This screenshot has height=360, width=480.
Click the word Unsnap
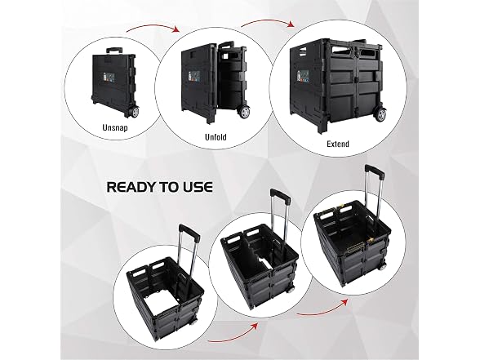(115, 127)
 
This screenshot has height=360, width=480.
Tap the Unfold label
(216, 137)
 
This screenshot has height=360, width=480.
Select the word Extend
(338, 144)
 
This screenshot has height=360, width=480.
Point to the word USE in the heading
(198, 187)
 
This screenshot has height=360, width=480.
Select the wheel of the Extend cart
(380, 115)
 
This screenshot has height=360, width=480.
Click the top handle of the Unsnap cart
(114, 50)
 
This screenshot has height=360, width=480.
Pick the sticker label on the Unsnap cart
(104, 76)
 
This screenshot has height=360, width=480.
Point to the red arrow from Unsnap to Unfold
(153, 28)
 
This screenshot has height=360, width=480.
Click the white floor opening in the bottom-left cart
(163, 298)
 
